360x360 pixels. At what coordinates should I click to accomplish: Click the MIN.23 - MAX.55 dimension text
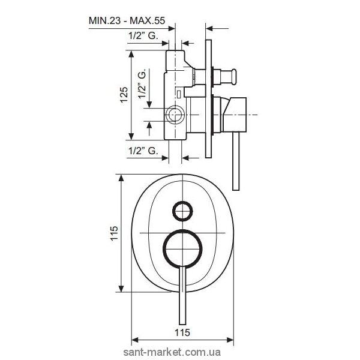click(127, 20)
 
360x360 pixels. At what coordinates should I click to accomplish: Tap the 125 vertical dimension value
click(124, 95)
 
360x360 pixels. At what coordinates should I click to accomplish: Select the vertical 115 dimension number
click(114, 233)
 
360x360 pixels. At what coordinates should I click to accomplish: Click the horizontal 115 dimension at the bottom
click(182, 332)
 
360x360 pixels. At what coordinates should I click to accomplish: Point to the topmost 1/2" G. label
click(143, 35)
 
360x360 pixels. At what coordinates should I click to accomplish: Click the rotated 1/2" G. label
click(142, 83)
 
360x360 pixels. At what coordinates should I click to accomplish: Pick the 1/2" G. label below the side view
click(143, 151)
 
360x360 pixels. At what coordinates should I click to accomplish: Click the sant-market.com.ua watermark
click(172, 352)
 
